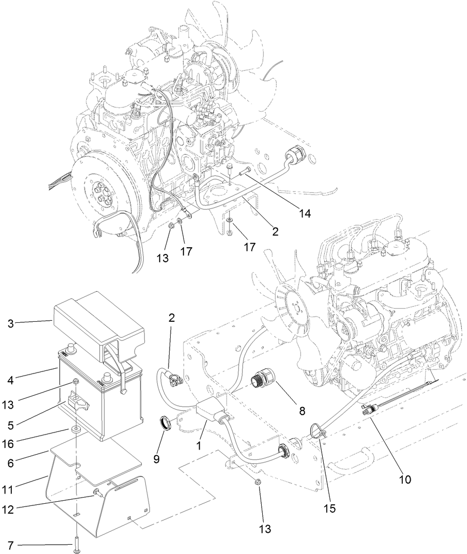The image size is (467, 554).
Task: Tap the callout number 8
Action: [302, 411]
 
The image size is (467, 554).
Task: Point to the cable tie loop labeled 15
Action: [317, 430]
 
